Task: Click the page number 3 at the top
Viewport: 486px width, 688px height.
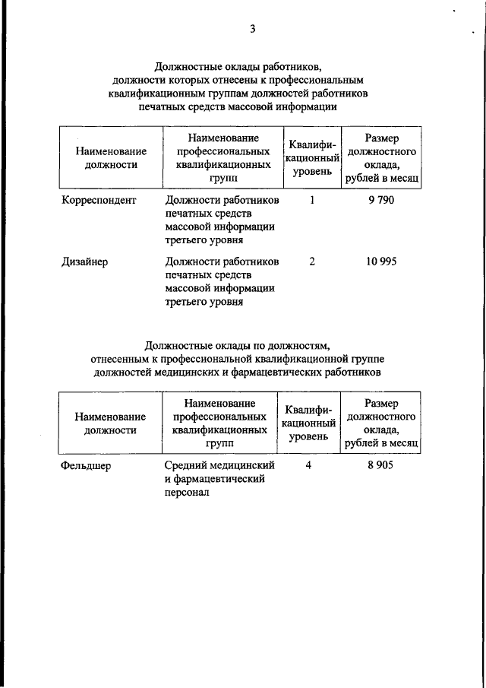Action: point(252,30)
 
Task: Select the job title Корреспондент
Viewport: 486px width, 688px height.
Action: point(99,200)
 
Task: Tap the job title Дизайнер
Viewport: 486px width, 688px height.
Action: point(85,262)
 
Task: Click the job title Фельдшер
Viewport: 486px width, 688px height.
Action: point(86,466)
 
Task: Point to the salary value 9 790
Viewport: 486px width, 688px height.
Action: point(380,200)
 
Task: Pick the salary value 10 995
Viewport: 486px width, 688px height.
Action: point(380,262)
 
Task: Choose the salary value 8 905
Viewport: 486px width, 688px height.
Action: point(380,466)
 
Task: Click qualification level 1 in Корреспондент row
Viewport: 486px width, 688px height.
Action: point(312,200)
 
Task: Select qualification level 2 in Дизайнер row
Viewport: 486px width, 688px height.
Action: point(312,262)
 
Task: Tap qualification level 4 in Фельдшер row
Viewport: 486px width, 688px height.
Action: point(309,466)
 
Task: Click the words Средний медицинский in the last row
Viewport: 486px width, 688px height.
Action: point(219,466)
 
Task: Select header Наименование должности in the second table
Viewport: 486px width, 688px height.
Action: point(110,423)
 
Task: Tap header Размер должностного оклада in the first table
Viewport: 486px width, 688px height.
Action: point(382,158)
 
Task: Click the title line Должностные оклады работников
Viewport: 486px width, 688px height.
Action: point(243,65)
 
